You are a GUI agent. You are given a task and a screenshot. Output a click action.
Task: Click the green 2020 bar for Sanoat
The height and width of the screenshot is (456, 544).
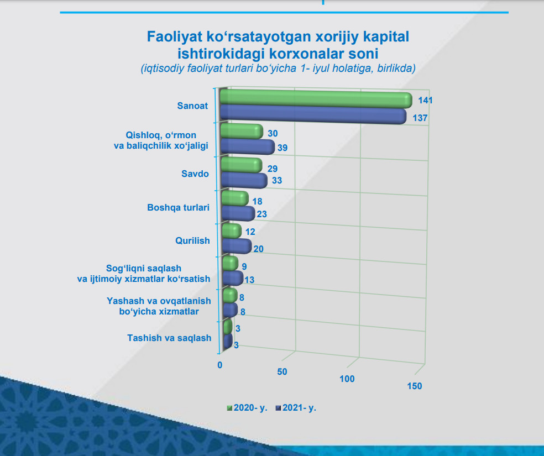(315, 101)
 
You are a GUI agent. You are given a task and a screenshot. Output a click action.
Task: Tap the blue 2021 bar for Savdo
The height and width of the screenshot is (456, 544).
(244, 180)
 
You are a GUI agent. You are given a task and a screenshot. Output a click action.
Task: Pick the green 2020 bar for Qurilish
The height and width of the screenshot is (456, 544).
(231, 231)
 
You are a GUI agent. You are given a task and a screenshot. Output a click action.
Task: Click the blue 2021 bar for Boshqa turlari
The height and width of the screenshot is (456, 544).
(238, 213)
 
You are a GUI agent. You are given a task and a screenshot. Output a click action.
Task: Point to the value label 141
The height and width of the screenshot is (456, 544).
(425, 101)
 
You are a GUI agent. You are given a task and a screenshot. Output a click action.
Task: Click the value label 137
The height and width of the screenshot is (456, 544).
(421, 118)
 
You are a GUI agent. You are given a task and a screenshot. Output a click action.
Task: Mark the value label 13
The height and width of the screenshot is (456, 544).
(249, 280)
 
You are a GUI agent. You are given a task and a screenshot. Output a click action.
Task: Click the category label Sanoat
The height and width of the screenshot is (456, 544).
(192, 106)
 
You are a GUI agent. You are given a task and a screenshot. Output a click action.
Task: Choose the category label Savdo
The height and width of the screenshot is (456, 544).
(195, 174)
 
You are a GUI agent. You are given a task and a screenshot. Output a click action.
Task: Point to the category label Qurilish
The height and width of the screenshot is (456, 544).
(193, 241)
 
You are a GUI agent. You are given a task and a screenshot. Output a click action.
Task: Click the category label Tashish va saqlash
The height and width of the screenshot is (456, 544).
(169, 338)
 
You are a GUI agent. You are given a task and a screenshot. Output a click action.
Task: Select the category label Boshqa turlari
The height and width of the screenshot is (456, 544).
(179, 208)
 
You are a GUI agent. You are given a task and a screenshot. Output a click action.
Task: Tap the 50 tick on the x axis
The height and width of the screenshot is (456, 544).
(282, 371)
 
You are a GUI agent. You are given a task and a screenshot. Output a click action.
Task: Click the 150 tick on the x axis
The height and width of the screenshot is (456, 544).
(414, 386)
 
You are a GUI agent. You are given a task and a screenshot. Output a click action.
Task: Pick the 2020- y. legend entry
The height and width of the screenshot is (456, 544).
(247, 408)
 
